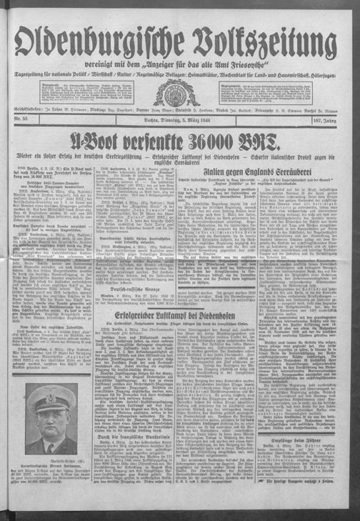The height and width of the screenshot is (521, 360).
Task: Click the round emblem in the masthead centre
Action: (x=181, y=94)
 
